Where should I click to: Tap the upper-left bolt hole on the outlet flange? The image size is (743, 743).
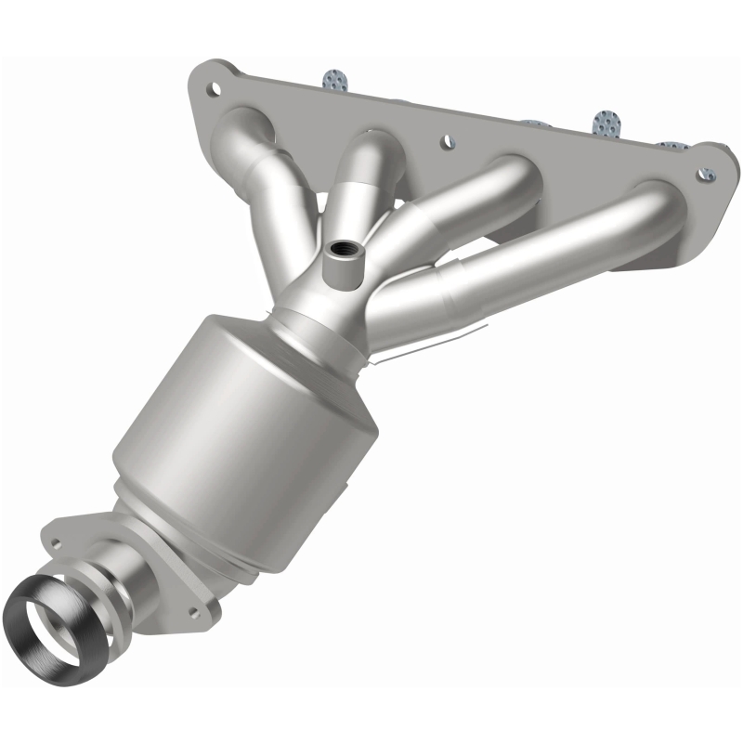(62, 539)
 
